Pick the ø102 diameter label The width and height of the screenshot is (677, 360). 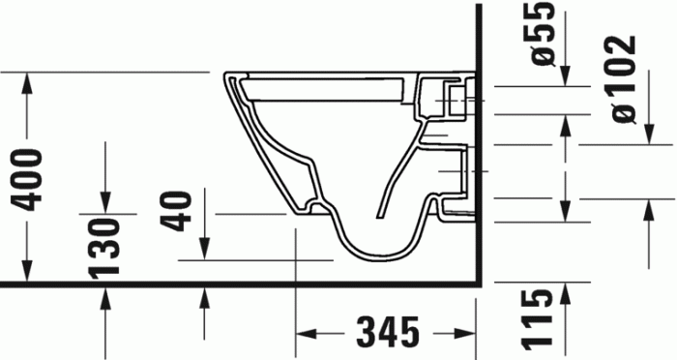click(622, 79)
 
